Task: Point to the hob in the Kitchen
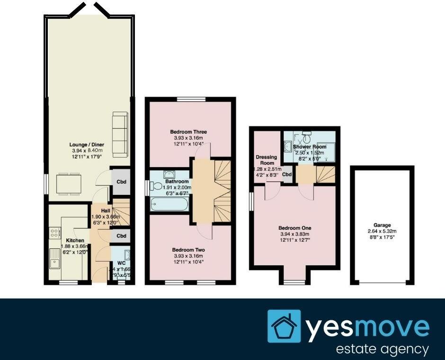54,233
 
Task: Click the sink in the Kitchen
53,258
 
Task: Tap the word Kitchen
75,241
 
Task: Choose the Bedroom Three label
189,132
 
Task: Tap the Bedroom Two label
188,249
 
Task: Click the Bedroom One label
294,228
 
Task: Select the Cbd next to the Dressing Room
287,175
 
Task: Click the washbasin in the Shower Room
288,146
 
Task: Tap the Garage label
383,226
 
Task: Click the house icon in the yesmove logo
284,326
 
